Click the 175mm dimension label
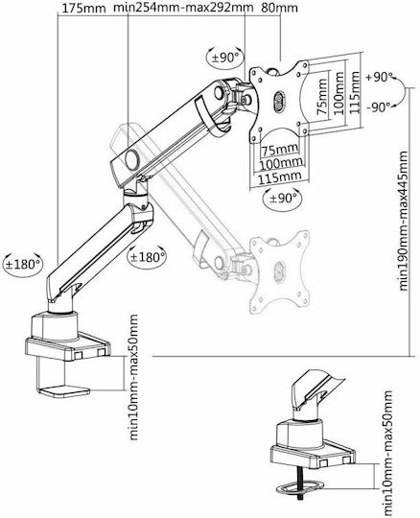(x=84, y=9)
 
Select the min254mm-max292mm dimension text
(x=183, y=8)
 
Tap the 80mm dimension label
(x=279, y=8)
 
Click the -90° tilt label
(x=380, y=106)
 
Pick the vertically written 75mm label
(x=322, y=97)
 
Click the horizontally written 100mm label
(x=281, y=162)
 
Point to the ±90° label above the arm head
(x=225, y=58)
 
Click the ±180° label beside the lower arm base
(x=22, y=264)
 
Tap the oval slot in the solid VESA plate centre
(x=279, y=101)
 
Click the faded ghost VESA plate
(x=279, y=271)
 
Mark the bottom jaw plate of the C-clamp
(x=64, y=390)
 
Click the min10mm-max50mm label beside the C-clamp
(x=133, y=377)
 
